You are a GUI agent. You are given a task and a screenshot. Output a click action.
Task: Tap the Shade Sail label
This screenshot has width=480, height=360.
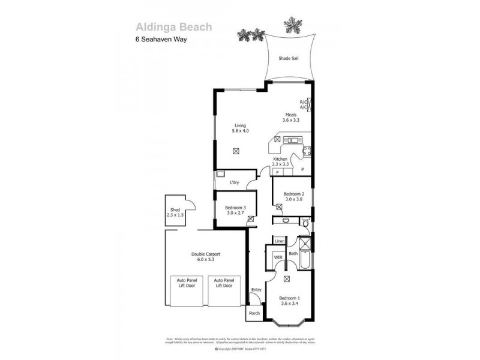click(288, 59)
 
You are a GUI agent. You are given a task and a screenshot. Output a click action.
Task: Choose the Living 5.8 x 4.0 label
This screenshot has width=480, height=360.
click(241, 128)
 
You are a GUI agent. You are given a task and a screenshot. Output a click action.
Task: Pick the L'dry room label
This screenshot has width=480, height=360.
click(235, 182)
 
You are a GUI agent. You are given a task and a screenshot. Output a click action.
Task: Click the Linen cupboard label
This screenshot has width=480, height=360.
click(279, 241)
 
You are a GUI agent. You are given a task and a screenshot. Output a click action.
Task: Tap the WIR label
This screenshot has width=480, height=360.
click(278, 257)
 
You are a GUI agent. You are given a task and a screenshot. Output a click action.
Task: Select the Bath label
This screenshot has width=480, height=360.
click(293, 254)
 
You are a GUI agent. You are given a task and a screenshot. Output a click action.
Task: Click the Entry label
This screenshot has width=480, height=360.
click(256, 290)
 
